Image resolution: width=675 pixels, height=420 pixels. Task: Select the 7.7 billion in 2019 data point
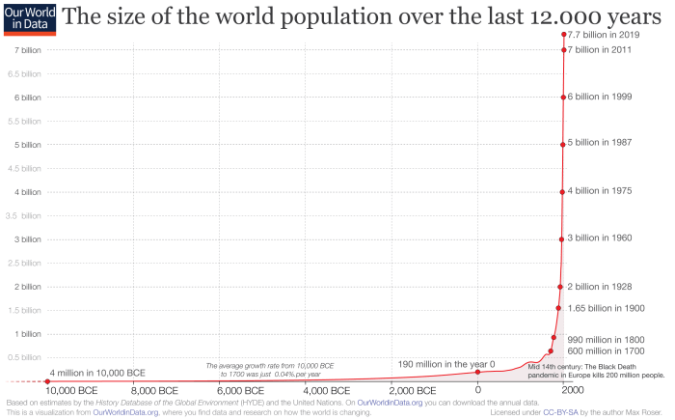[x=563, y=35]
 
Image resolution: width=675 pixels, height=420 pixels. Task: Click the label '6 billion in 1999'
[x=599, y=97]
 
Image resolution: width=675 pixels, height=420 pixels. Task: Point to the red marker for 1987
[x=562, y=145]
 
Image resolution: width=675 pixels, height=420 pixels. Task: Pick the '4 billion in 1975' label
[x=599, y=191]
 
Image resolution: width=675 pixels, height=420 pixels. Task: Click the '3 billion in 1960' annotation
[x=599, y=238]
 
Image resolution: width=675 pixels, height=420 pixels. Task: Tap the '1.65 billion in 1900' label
[x=606, y=308]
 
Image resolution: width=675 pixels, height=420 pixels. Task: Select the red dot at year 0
[x=477, y=372]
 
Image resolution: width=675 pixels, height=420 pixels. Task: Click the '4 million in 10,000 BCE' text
[x=97, y=373]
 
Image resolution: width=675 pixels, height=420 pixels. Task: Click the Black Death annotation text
[x=596, y=370]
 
